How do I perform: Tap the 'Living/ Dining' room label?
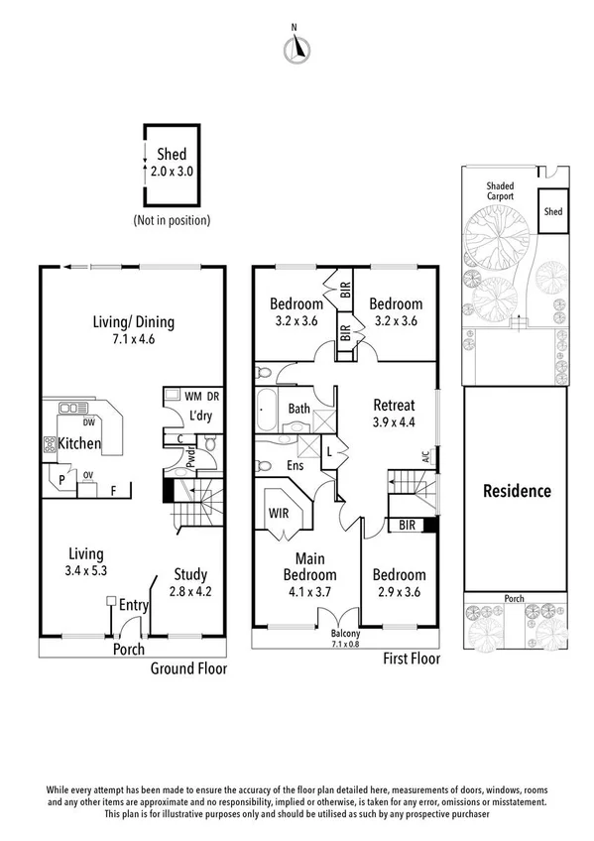(133, 321)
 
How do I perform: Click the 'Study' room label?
(189, 573)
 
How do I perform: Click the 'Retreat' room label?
(394, 405)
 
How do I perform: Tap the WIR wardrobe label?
(278, 514)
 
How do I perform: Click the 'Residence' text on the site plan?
(516, 490)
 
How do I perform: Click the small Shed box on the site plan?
(552, 211)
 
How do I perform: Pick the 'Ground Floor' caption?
(188, 668)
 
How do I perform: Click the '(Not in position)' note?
(171, 220)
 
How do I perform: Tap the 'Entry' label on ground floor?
(134, 605)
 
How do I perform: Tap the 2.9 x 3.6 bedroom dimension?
(400, 591)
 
